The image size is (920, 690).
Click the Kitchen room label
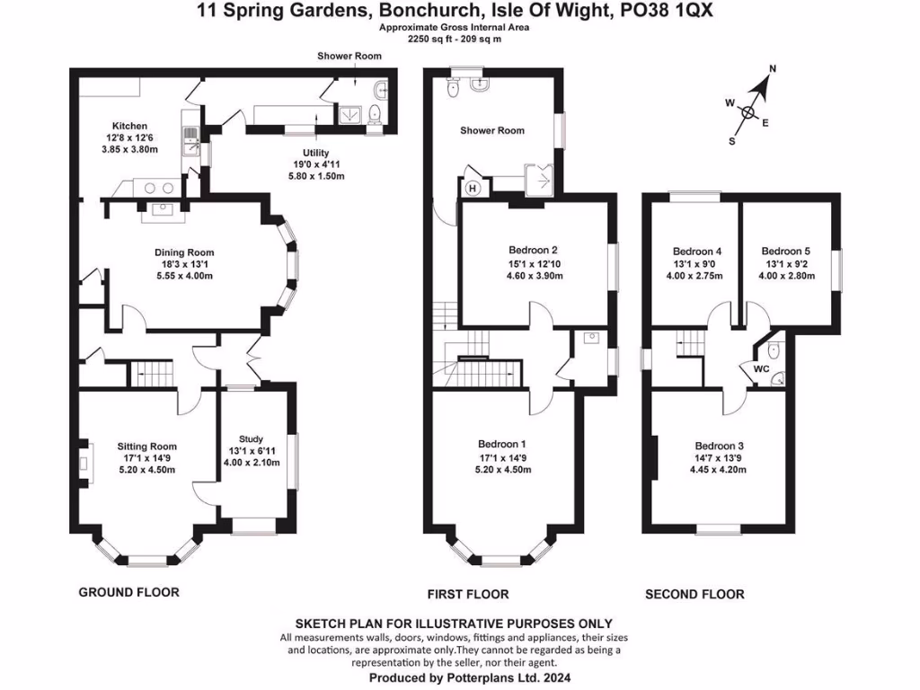[129, 126]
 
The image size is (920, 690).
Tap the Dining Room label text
[183, 252]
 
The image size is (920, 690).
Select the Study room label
[251, 439]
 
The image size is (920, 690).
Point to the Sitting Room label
[147, 446]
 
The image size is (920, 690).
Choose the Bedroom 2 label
[534, 250]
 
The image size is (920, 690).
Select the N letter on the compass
[773, 69]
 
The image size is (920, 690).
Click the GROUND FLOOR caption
[128, 592]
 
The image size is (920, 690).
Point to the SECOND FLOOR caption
[694, 594]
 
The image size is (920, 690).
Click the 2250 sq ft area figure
[431, 40]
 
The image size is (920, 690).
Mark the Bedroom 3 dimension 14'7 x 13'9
[720, 457]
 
